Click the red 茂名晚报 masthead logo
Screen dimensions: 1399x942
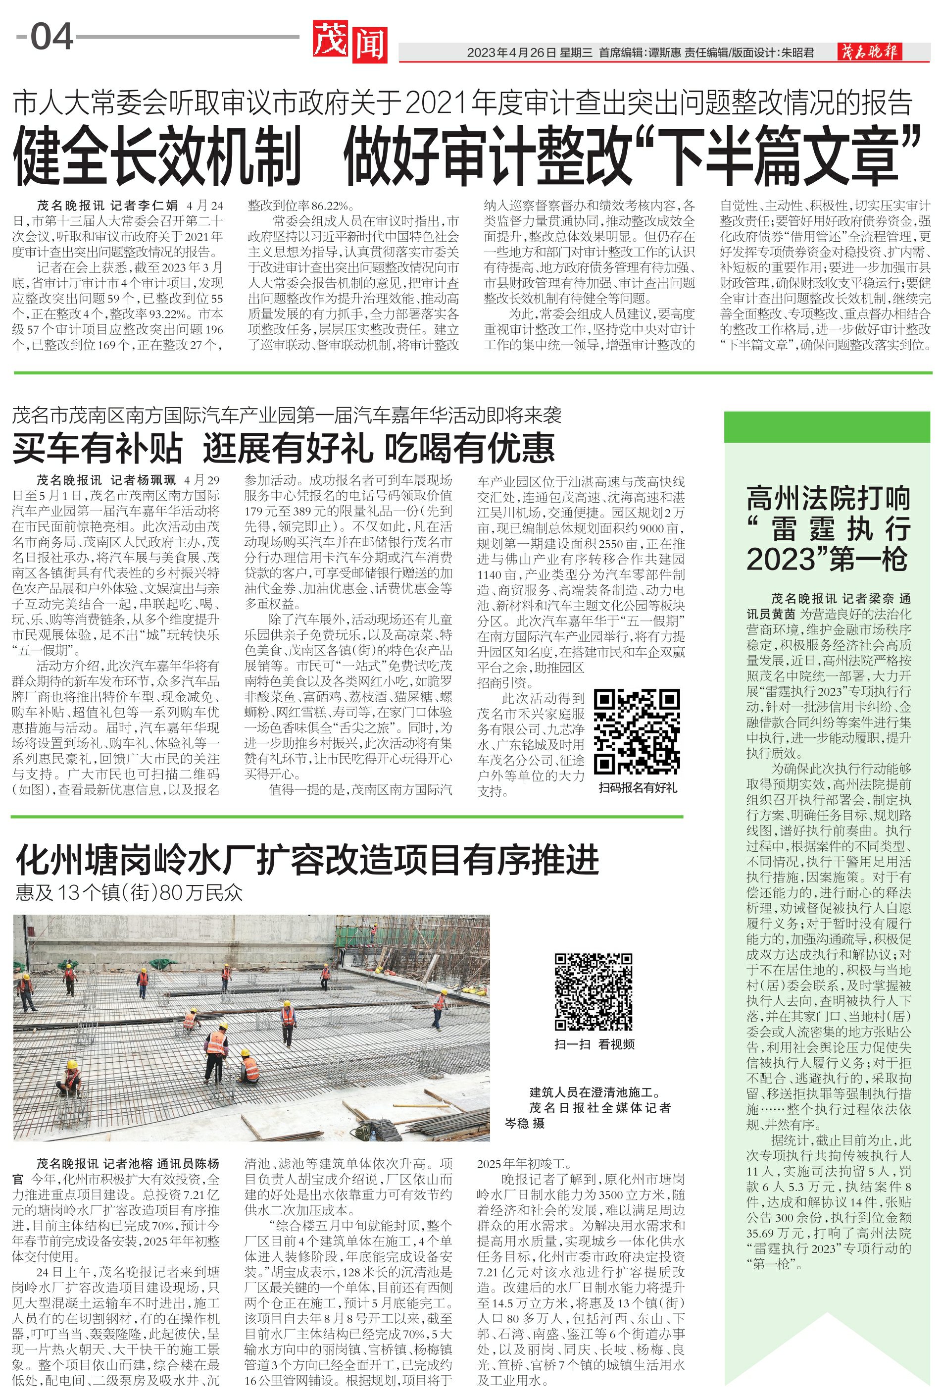(869, 52)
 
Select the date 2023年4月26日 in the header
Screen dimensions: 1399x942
(511, 53)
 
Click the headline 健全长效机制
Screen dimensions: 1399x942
(157, 155)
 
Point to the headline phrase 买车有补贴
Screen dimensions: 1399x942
(98, 448)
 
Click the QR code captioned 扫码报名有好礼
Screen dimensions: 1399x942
(637, 731)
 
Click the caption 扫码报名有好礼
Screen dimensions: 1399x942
(638, 788)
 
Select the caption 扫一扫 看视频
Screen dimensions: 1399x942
(594, 1044)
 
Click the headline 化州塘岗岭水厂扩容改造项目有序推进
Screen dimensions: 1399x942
(307, 860)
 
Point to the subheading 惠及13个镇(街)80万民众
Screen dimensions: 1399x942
(129, 893)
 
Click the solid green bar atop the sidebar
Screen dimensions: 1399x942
(827, 427)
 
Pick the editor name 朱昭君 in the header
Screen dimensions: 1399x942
(798, 53)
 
